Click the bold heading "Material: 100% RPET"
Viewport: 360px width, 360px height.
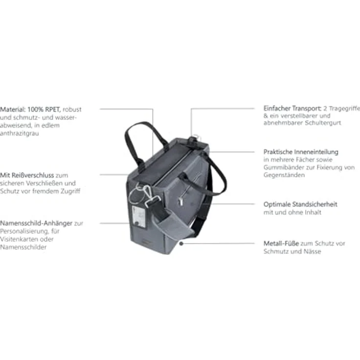pyautogui.click(x=30, y=109)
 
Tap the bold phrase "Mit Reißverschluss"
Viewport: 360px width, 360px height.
pyautogui.click(x=27, y=176)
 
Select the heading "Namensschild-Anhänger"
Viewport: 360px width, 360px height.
pyautogui.click(x=36, y=223)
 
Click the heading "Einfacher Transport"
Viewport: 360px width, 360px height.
pyautogui.click(x=292, y=109)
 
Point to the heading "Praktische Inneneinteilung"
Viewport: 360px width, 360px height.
pyautogui.click(x=301, y=152)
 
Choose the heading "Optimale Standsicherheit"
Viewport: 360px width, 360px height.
pyautogui.click(x=300, y=204)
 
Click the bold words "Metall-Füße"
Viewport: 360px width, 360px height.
pyautogui.click(x=281, y=244)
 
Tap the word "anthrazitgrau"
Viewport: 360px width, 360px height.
pyautogui.click(x=19, y=134)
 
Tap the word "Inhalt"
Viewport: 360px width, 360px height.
pyautogui.click(x=313, y=212)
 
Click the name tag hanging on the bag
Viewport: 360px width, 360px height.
pyautogui.click(x=139, y=216)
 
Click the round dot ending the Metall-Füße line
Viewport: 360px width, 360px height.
pyautogui.click(x=181, y=244)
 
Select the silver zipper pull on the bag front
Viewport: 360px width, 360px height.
pyautogui.click(x=180, y=202)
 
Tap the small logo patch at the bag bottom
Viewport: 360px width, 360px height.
pyautogui.click(x=146, y=242)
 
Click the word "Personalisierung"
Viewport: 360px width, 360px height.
pyautogui.click(x=24, y=231)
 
